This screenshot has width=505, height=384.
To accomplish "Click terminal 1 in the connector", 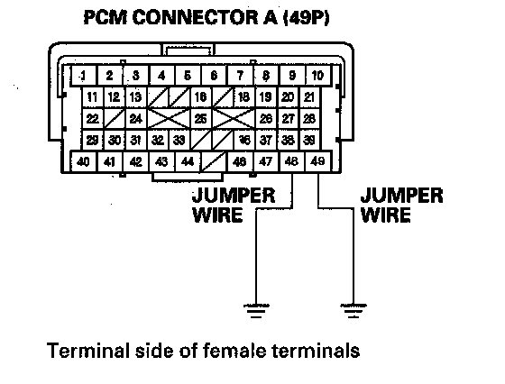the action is point(83,76).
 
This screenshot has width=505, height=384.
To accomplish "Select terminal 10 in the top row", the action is point(317,76).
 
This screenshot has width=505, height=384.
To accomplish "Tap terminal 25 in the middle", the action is point(200,119).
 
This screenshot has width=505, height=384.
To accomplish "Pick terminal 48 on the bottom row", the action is point(292,161).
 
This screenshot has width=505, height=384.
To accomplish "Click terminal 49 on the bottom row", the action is point(317,161).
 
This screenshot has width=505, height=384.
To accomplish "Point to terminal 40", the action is point(83,161).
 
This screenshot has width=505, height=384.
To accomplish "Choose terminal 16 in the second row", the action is point(200,96).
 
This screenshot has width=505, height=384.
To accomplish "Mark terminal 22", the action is point(92,119).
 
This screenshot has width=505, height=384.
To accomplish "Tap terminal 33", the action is point(179,141).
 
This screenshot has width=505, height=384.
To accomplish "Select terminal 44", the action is point(188,161).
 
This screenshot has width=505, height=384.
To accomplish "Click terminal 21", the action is point(309,96).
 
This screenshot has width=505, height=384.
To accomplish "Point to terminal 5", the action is point(188,76).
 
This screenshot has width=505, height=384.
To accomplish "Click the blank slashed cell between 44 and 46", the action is point(214,161).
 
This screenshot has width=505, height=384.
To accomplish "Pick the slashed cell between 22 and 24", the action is point(115,119).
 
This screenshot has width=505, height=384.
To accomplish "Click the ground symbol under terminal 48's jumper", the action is point(256,311).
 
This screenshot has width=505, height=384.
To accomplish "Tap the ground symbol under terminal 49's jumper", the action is point(353,311).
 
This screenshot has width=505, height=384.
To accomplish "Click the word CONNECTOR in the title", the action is point(195,17).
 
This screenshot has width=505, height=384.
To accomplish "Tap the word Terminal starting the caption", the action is point(88,351).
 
